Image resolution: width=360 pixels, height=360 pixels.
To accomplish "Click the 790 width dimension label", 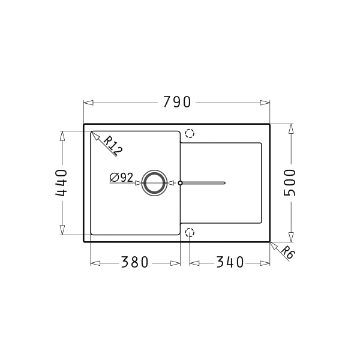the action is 177,102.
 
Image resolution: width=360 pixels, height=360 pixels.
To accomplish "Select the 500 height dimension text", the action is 289,183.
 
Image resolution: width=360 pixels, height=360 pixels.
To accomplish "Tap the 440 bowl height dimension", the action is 61,183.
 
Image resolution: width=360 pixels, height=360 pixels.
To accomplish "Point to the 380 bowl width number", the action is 135,262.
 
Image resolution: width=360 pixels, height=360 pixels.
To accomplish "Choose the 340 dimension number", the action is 230,262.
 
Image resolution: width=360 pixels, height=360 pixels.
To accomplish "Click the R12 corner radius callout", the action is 113,145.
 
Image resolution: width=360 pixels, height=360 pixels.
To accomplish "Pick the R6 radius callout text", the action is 287,252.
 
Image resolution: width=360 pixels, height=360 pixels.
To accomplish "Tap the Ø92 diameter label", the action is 121,177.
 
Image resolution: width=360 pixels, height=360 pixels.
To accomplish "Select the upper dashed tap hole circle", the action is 190,133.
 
